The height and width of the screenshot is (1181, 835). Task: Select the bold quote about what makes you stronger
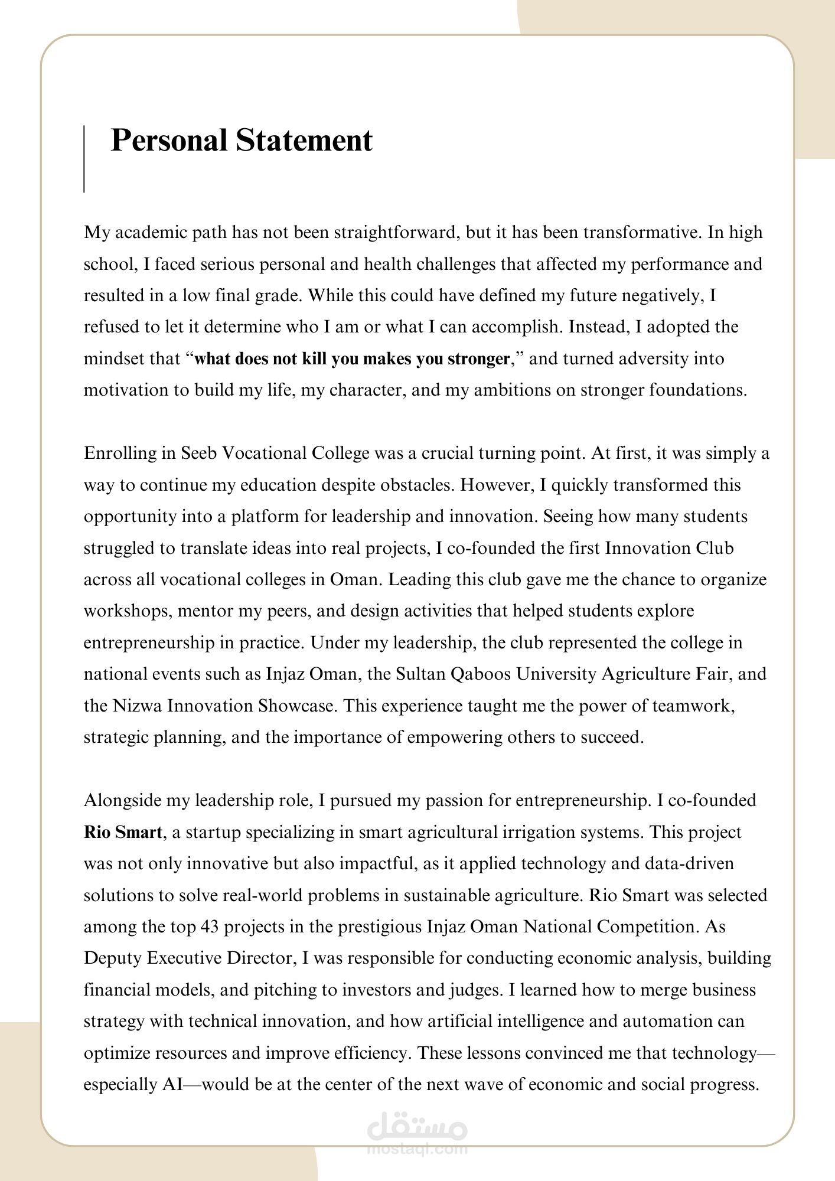351,359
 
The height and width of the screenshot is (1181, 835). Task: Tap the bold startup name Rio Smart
123,833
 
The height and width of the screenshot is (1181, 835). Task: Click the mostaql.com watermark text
417,1149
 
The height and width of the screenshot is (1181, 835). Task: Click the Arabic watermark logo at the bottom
417,1128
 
